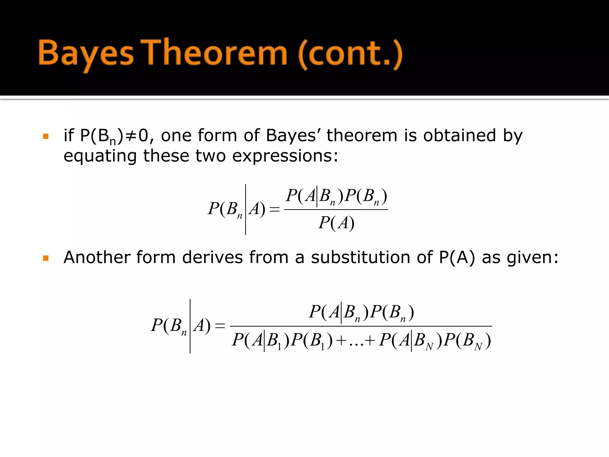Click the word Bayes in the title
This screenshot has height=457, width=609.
86,54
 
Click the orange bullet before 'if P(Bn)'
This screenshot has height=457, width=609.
45,137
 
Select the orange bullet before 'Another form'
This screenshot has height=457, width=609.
45,258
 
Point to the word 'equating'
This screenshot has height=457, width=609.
100,156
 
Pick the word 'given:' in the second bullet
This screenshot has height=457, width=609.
532,258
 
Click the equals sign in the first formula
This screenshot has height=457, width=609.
274,209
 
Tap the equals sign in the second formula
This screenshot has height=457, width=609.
220,326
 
